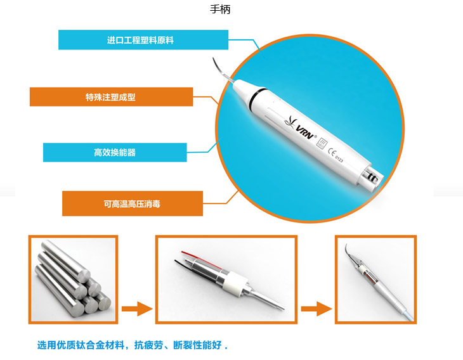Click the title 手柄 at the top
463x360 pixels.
coord(220,10)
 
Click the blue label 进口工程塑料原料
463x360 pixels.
coord(143,40)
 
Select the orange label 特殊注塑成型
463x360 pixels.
coord(112,97)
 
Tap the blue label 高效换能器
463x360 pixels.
coord(115,152)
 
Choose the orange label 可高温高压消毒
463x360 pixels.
coord(133,203)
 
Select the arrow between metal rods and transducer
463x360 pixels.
coord(137,309)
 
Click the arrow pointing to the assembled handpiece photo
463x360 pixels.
coord(316,309)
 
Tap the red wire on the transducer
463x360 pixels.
coord(202,260)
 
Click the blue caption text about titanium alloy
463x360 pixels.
coord(133,345)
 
